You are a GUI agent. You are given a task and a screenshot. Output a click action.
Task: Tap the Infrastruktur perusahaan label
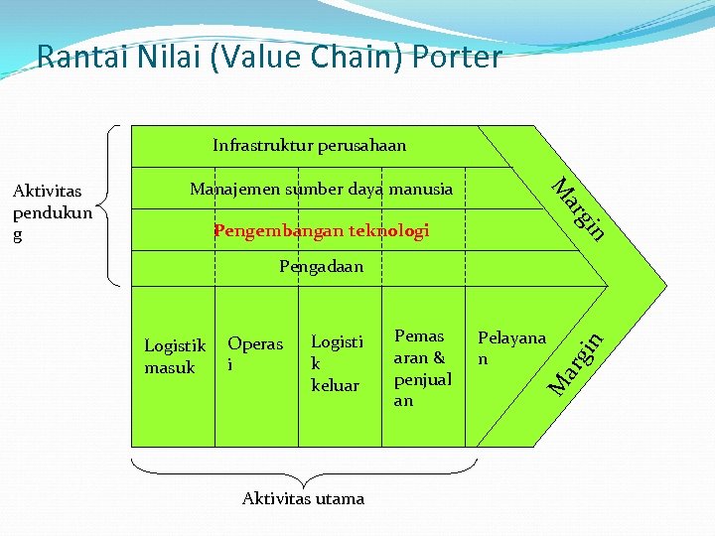[309, 146]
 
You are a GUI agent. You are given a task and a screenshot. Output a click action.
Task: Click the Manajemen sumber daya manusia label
[321, 189]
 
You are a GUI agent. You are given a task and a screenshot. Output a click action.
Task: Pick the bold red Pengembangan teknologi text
[321, 231]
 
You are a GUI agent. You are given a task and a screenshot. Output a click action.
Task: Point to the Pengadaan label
[321, 266]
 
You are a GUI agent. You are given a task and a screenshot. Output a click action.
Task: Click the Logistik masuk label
[175, 356]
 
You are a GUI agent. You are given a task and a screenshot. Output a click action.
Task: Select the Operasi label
[255, 354]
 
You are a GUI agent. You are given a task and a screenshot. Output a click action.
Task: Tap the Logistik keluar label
[337, 363]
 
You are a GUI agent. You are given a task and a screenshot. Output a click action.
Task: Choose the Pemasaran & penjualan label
[422, 368]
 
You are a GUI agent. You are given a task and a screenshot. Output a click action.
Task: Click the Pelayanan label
[511, 347]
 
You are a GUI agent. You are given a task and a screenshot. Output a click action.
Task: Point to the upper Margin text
[579, 208]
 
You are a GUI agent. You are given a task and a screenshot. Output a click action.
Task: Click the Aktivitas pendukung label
[52, 212]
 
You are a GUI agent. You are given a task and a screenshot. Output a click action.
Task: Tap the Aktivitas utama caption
[303, 498]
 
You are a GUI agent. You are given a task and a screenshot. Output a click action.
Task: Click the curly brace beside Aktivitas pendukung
[111, 206]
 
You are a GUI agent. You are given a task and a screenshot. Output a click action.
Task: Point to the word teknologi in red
[389, 231]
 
